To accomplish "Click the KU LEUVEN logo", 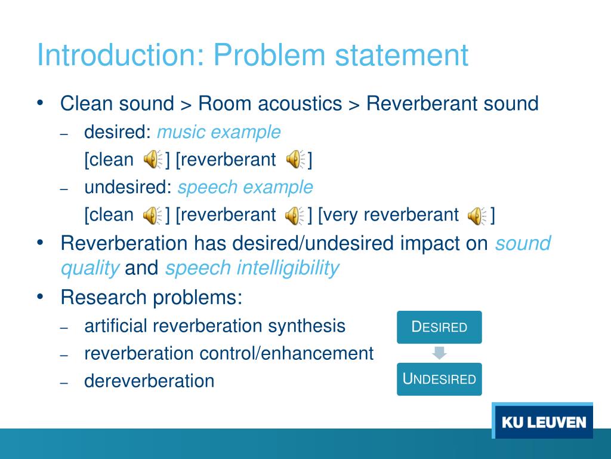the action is coord(543,422).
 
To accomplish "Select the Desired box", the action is coord(439,327).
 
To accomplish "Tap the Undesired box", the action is coord(439,379).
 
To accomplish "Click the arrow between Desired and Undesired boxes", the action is coord(439,353).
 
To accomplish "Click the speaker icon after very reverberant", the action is coord(477,216).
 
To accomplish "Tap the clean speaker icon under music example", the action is coord(152,160).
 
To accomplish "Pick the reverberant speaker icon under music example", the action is coord(295,160).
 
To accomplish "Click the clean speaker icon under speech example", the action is coord(152,216).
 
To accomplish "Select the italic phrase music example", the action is coord(218,132).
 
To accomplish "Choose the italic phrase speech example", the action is coord(245,188).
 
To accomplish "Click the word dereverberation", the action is coord(149,381).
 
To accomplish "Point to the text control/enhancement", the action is coord(286,353).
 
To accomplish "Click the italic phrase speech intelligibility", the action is coord(252,268).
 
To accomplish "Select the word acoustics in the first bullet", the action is coord(300,103).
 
